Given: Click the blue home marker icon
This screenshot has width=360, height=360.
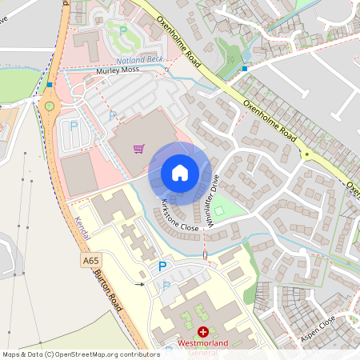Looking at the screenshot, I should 180,172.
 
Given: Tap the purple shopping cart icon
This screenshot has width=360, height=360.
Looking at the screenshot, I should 138,148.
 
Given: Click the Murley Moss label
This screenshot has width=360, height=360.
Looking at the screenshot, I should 118,70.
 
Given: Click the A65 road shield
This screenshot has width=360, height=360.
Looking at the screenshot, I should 90,261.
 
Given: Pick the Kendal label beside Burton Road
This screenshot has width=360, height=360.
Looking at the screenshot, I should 83,231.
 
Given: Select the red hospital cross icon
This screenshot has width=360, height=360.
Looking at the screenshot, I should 203,331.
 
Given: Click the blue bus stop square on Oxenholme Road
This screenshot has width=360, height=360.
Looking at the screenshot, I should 244,69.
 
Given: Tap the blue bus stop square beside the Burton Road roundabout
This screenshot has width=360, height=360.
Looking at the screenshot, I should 50,84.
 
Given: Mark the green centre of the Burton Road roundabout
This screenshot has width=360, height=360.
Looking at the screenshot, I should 50,105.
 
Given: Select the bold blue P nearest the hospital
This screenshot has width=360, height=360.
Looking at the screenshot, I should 162,266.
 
